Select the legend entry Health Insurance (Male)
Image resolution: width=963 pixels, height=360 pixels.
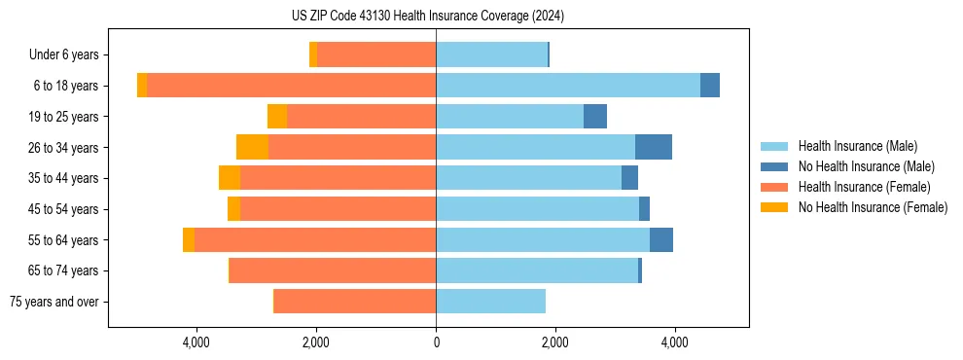(x=856, y=146)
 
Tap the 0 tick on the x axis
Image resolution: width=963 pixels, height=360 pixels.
(x=436, y=342)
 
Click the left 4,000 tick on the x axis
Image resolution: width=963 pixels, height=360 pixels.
(x=196, y=342)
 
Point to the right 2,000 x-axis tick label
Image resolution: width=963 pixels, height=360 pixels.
(x=555, y=342)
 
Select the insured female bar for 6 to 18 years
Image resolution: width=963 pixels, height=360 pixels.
(x=291, y=86)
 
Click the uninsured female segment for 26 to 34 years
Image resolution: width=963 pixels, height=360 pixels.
(x=252, y=147)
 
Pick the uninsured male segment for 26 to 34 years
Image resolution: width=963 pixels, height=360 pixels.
(x=654, y=147)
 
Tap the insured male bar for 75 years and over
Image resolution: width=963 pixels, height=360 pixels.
(x=490, y=302)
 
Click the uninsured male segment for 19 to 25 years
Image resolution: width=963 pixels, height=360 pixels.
(x=595, y=117)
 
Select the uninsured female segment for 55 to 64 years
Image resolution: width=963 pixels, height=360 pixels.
(x=189, y=239)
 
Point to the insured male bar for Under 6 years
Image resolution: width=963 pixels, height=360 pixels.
(x=491, y=55)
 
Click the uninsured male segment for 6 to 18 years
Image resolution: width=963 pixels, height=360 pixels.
(x=710, y=86)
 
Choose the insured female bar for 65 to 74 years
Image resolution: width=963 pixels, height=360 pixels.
(x=333, y=270)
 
